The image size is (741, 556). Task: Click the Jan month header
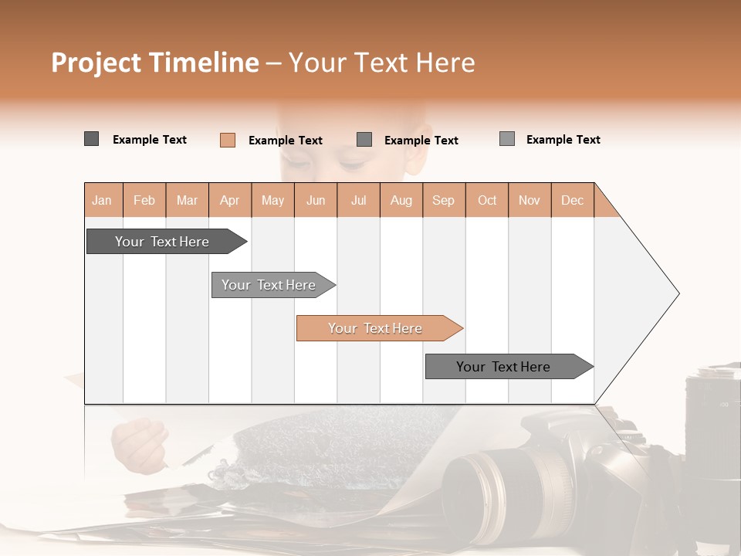point(102,201)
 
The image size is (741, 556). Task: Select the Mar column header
point(187,201)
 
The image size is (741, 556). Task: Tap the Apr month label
point(229,201)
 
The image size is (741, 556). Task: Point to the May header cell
point(272,201)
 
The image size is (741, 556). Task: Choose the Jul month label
point(358,201)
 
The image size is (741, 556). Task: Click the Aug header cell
point(401,201)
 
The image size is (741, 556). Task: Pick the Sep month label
point(443,201)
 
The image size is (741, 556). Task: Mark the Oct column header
point(487,201)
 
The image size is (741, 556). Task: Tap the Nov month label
point(530,201)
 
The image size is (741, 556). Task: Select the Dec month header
point(572,201)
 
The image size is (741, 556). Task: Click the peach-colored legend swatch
point(228,140)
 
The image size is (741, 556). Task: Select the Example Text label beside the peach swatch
point(285,141)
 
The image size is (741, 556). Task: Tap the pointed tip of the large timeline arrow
point(677,293)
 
